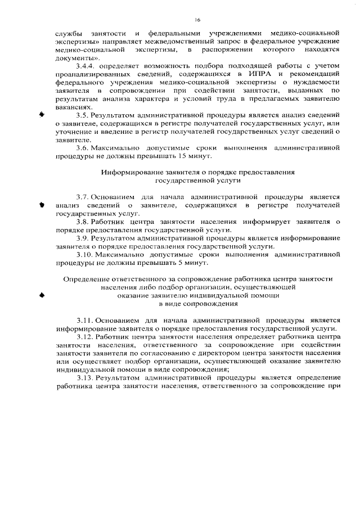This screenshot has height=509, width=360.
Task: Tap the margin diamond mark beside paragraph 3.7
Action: coord(41,205)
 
